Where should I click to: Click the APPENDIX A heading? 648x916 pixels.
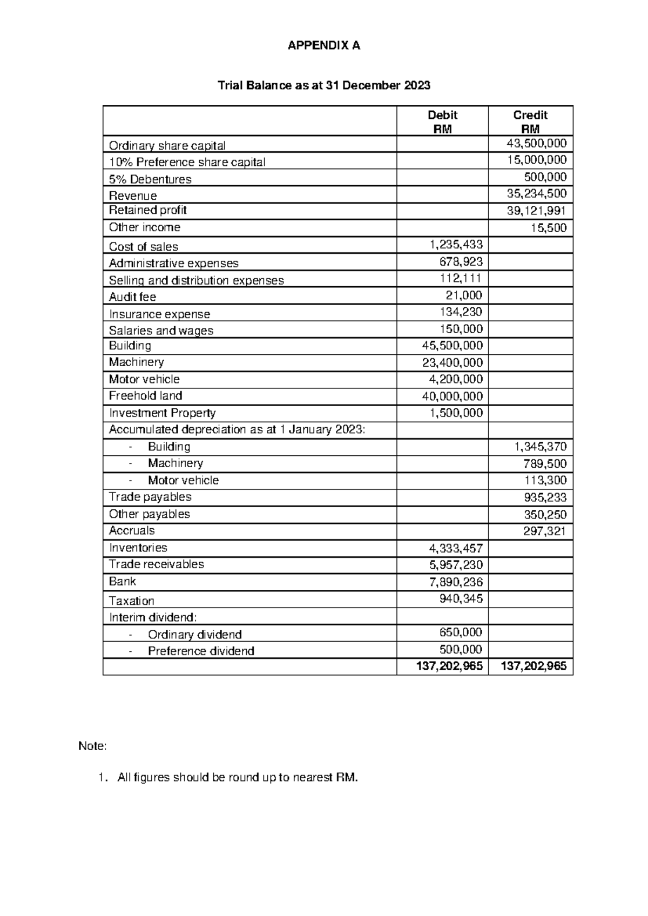point(323,46)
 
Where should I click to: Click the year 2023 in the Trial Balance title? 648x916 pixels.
point(416,85)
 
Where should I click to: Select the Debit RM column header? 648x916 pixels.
point(442,122)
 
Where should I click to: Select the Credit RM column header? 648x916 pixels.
point(530,122)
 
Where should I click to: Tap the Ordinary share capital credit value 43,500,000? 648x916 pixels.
point(536,143)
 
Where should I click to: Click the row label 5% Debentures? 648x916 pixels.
point(150,179)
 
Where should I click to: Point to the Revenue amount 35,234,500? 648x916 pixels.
point(536,193)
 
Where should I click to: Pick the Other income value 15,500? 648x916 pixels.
point(548,228)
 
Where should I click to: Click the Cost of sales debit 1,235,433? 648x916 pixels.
point(456,245)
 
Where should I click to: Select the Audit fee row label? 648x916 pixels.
point(132,297)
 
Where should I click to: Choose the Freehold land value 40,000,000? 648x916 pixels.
point(452,396)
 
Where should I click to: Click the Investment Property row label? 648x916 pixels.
point(162,413)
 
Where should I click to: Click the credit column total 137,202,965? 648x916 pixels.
point(534,666)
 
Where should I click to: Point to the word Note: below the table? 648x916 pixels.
point(93,746)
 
